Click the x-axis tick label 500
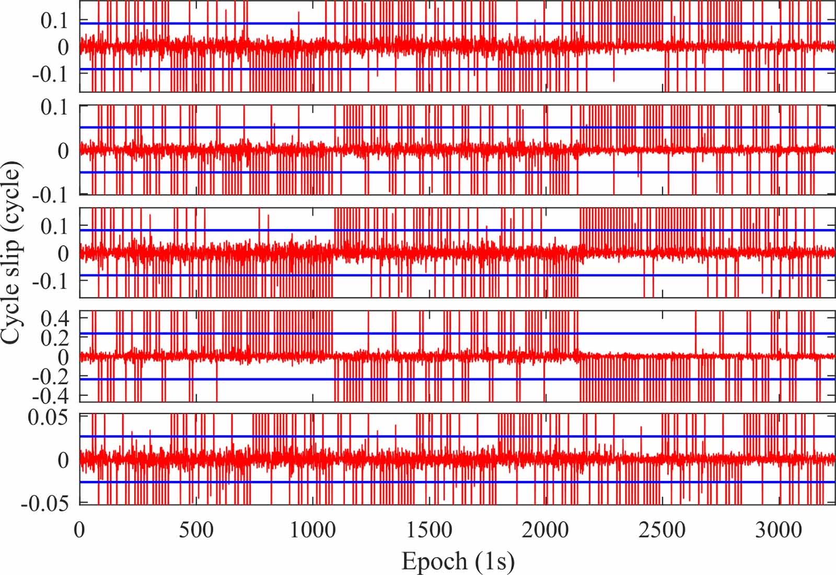196,530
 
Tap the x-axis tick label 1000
312,530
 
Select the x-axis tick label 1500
429,530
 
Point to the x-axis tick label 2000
545,530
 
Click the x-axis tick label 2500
662,530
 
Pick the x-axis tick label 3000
779,530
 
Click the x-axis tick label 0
79,530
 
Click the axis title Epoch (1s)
458,561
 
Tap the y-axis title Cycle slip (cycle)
11,253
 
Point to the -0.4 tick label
51,396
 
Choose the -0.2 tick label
51,376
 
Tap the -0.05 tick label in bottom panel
44,503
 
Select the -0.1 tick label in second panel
51,195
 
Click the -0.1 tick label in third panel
51,281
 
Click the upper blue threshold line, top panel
418,24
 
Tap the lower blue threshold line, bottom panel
418,482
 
